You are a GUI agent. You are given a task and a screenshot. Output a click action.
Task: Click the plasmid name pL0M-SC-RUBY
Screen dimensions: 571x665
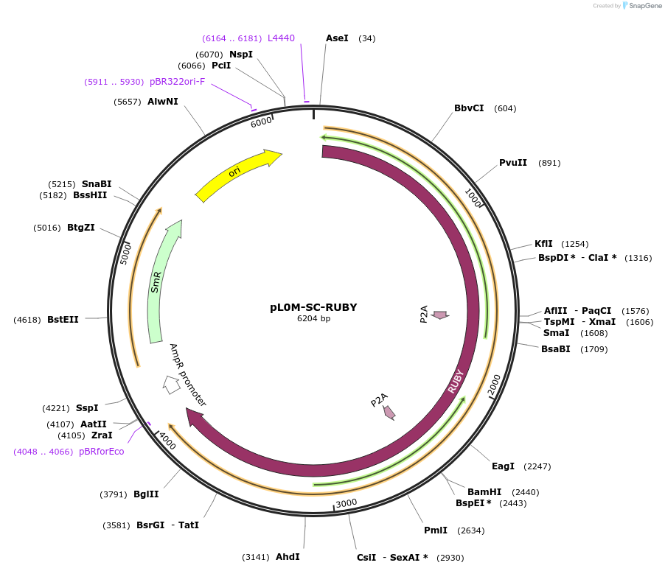tap(313, 307)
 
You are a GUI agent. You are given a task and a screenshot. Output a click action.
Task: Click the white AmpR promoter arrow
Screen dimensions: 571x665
tap(172, 384)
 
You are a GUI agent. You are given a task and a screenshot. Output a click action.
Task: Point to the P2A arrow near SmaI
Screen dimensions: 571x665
tap(440, 315)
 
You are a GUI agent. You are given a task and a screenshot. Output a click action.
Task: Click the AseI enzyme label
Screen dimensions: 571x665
tap(337, 38)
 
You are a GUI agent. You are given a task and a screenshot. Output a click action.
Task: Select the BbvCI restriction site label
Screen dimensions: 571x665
tap(469, 108)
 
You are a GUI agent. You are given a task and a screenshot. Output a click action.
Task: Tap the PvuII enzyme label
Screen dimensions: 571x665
tap(513, 163)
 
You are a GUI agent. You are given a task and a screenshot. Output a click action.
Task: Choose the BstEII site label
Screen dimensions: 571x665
tap(63, 320)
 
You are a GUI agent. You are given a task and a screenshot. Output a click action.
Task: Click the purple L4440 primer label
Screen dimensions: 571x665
tap(281, 38)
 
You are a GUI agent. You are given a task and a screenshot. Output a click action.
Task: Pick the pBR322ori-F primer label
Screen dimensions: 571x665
tap(177, 82)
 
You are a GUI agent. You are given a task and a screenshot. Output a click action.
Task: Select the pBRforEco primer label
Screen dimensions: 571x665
tap(102, 451)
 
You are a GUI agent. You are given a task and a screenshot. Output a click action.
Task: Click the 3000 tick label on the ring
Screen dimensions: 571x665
tap(346, 503)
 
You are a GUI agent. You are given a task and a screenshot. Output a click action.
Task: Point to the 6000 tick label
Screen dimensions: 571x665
tap(261, 122)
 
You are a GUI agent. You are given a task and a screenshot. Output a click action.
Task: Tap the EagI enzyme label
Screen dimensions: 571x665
tap(503, 466)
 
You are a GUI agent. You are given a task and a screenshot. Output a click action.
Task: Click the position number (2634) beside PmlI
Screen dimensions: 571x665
tap(471, 530)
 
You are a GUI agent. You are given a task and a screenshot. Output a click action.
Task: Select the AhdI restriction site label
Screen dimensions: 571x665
tap(288, 557)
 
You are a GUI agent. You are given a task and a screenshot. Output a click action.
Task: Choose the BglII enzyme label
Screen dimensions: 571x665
tap(146, 494)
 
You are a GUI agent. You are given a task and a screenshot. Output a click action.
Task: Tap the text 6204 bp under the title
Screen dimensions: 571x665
tap(313, 319)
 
